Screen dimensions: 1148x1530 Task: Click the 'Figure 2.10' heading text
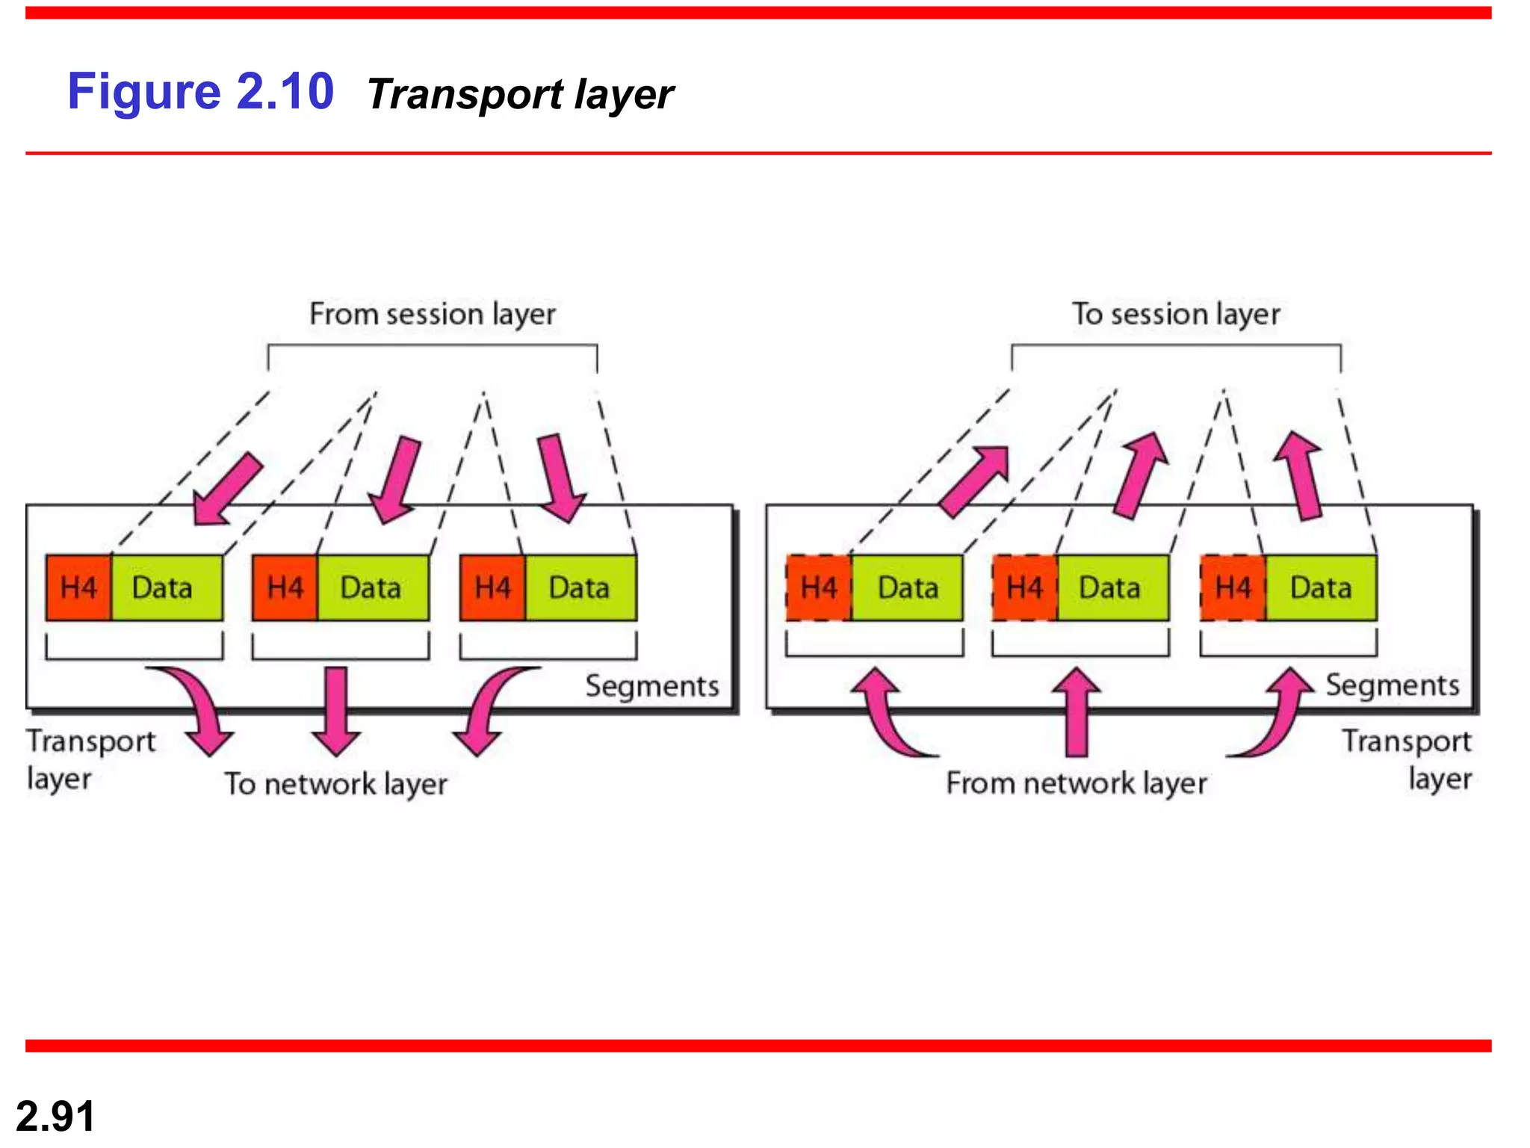tap(200, 92)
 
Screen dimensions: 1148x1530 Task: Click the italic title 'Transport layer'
tap(520, 95)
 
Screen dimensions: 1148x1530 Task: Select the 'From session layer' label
tap(433, 314)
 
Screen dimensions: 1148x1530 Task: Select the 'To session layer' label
tap(1176, 314)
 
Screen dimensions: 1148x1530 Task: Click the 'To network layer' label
tap(336, 784)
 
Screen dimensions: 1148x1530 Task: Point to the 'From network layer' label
tap(1076, 783)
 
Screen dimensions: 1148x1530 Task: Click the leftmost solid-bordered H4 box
tap(78, 588)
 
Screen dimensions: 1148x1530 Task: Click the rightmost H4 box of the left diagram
tap(492, 588)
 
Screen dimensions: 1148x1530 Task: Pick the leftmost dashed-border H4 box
tap(818, 588)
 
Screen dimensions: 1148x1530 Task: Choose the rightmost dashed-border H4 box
tap(1233, 588)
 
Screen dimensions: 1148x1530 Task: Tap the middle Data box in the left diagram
tap(372, 588)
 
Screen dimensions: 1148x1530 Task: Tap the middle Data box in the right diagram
tap(1112, 588)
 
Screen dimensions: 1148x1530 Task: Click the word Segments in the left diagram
tap(651, 686)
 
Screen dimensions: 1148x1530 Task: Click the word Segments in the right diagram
tap(1392, 685)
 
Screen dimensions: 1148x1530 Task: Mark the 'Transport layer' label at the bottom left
tap(90, 759)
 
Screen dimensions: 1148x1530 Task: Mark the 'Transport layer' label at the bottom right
tap(1407, 759)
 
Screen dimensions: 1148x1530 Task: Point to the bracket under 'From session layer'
tap(433, 346)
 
